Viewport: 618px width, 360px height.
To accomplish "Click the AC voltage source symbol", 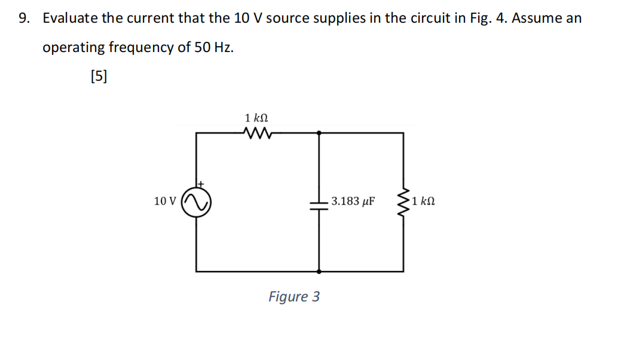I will [197, 202].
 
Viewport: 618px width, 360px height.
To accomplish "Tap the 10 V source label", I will [165, 202].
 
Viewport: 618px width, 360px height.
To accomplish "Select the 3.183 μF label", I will [353, 201].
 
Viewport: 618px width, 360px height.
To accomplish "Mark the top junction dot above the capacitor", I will [319, 133].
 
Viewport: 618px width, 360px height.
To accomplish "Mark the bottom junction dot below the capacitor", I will [319, 271].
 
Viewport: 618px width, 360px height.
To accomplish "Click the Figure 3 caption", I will [294, 297].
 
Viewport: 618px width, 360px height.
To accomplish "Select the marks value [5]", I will [98, 76].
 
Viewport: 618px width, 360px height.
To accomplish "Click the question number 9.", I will [24, 19].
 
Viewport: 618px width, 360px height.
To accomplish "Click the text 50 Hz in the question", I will [214, 48].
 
